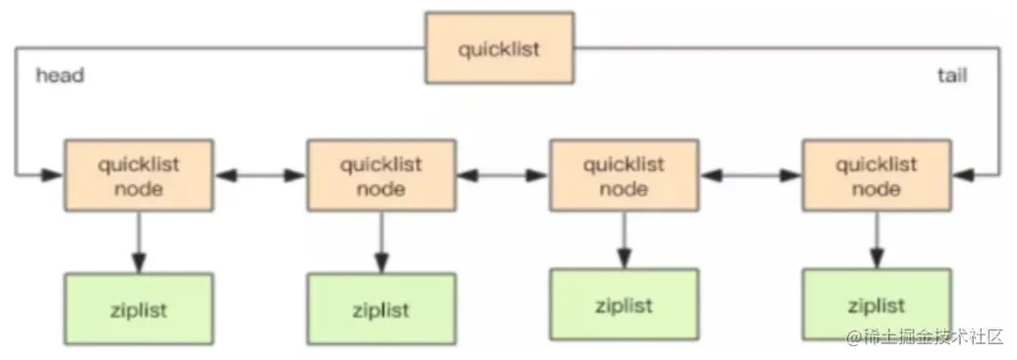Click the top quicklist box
[x=499, y=48]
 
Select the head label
[x=60, y=76]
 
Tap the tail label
[x=951, y=76]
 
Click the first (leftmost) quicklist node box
[x=139, y=175]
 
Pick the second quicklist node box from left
[x=381, y=175]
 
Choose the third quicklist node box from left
[x=623, y=175]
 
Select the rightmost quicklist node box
[x=875, y=175]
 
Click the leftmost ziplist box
[x=138, y=309]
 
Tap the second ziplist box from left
[x=381, y=309]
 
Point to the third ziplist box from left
[x=623, y=304]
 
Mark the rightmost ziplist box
[x=876, y=305]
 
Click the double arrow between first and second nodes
[x=260, y=175]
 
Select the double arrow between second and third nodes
[x=502, y=175]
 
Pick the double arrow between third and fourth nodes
[x=749, y=175]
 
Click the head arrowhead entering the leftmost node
[x=53, y=175]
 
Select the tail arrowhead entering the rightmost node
[x=961, y=175]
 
